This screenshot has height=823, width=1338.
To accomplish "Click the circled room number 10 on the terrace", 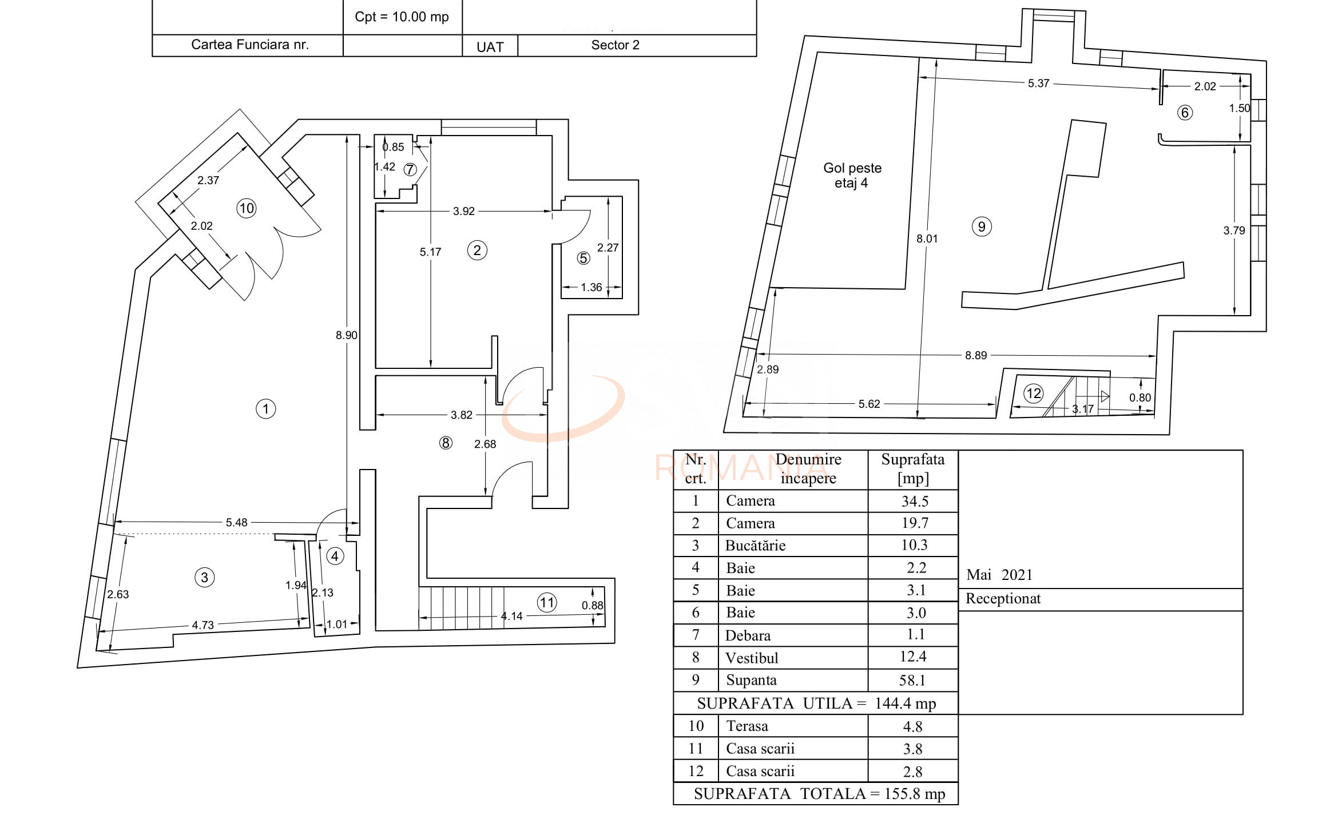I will pyautogui.click(x=246, y=208).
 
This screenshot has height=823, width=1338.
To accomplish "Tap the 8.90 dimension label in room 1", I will pyautogui.click(x=346, y=335).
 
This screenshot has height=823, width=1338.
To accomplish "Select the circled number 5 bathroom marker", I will pyautogui.click(x=583, y=259).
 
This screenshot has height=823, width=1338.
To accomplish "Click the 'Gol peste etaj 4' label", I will pyautogui.click(x=852, y=175).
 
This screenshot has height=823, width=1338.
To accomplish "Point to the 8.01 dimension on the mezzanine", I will pyautogui.click(x=927, y=238).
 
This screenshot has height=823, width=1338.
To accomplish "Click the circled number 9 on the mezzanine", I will pyautogui.click(x=982, y=226).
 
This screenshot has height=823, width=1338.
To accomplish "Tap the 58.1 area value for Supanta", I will pyautogui.click(x=912, y=680).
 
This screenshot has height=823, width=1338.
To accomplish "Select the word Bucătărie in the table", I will pyautogui.click(x=755, y=546).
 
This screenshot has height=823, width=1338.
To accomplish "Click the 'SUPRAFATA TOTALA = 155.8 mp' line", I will pyautogui.click(x=819, y=794).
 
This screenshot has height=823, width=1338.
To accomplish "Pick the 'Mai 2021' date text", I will pyautogui.click(x=999, y=575).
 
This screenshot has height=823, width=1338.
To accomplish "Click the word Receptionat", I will pyautogui.click(x=1003, y=599).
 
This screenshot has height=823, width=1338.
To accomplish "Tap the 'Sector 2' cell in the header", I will pyautogui.click(x=615, y=45).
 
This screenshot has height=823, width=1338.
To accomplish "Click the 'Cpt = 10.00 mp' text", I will pyautogui.click(x=402, y=17).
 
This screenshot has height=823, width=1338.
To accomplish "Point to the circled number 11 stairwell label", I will pyautogui.click(x=547, y=602).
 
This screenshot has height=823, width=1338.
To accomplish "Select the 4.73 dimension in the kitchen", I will pyautogui.click(x=203, y=625).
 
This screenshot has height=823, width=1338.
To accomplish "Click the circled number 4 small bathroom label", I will pyautogui.click(x=335, y=556).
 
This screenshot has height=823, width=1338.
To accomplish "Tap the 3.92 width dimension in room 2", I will pyautogui.click(x=463, y=211).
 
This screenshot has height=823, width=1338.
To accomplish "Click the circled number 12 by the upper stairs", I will pyautogui.click(x=1033, y=393).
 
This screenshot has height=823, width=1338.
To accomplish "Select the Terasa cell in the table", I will pyautogui.click(x=747, y=726).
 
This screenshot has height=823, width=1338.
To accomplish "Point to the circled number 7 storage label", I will pyautogui.click(x=410, y=170).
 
